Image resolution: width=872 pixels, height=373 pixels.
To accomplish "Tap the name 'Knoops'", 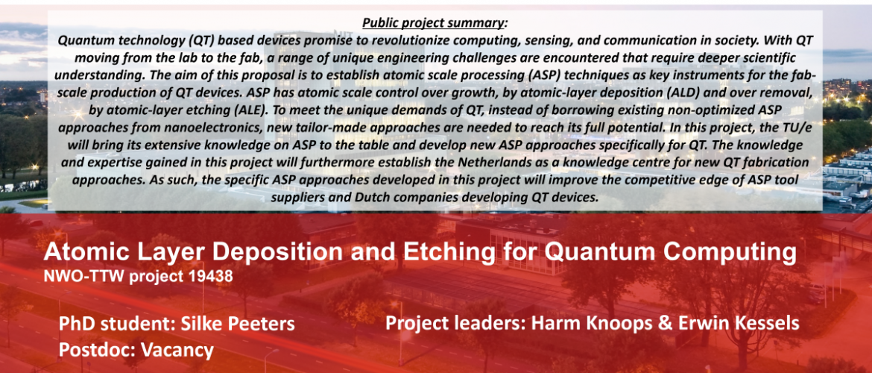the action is (x=616, y=324).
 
